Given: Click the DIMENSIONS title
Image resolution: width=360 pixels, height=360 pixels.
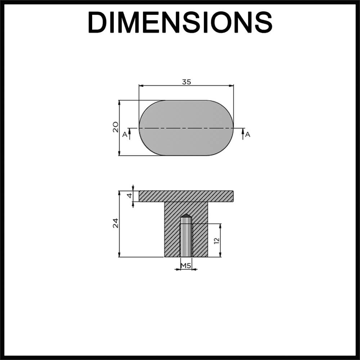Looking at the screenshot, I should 180,22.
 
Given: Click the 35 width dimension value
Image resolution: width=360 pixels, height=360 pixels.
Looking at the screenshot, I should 186,82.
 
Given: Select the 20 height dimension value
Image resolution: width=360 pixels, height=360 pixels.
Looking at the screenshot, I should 116,127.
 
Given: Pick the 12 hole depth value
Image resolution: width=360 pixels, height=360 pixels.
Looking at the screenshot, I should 216,240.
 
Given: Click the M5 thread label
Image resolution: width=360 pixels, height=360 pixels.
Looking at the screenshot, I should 186,266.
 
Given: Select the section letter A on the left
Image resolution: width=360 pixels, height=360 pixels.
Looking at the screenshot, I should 125,134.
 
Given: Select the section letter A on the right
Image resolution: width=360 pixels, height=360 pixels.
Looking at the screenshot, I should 248,134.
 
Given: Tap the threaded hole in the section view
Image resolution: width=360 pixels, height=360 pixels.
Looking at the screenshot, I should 186,239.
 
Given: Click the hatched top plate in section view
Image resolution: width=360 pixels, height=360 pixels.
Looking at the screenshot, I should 186,196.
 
